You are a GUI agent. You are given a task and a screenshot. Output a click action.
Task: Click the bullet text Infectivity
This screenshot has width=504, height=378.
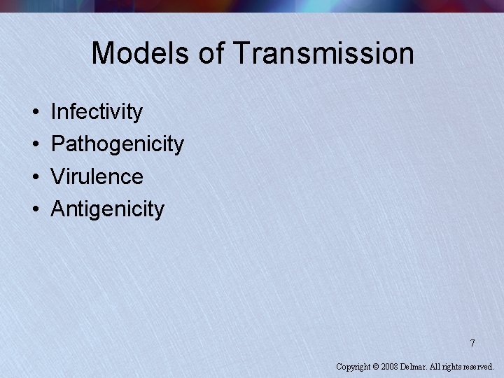pos(97,112)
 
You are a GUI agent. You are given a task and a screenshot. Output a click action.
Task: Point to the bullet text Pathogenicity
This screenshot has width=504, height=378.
pos(118,144)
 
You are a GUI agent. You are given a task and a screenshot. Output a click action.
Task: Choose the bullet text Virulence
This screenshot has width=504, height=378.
pos(97,176)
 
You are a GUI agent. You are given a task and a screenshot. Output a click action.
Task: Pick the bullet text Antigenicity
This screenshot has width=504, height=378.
pos(108,209)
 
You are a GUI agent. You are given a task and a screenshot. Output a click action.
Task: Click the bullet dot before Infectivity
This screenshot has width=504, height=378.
pos(34,112)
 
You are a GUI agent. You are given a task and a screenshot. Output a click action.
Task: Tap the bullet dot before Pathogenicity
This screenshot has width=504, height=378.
pos(34,144)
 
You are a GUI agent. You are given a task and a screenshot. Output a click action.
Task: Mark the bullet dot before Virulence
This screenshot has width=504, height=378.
pos(34,176)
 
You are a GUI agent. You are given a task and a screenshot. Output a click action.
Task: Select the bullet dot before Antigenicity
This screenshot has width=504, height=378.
pos(34,209)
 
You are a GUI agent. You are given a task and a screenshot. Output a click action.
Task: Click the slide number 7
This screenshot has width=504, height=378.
pos(472,343)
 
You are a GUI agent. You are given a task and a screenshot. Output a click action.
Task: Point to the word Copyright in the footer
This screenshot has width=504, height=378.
pos(353,366)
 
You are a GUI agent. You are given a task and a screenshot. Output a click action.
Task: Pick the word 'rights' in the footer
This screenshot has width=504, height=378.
pos(453,366)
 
